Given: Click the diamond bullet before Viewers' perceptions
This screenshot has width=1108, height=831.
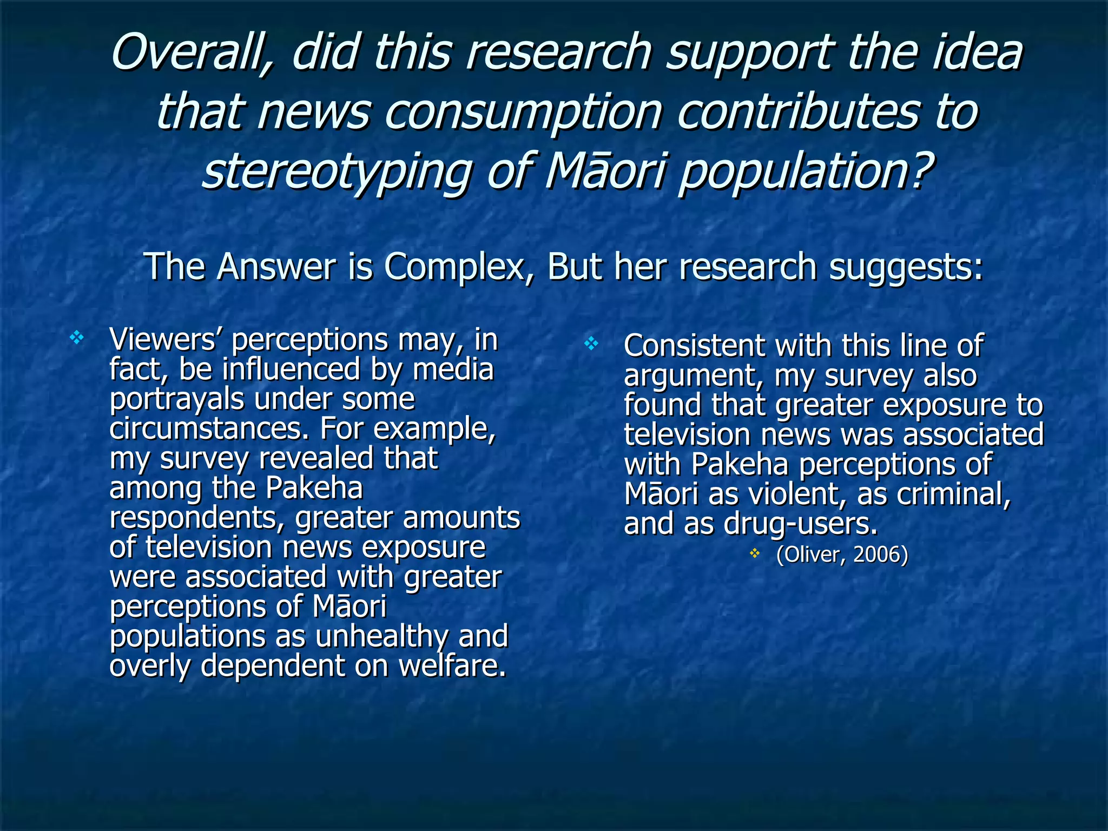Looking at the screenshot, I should coord(77,339).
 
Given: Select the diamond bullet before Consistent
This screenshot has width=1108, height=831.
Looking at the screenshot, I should coord(591,343).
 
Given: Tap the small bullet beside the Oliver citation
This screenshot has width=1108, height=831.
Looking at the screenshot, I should coord(755,553).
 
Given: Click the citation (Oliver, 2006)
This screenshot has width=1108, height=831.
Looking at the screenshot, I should coord(842,555).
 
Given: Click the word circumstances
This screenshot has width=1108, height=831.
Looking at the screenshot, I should coord(208,428).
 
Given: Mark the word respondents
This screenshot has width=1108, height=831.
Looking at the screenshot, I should coord(197,518).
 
